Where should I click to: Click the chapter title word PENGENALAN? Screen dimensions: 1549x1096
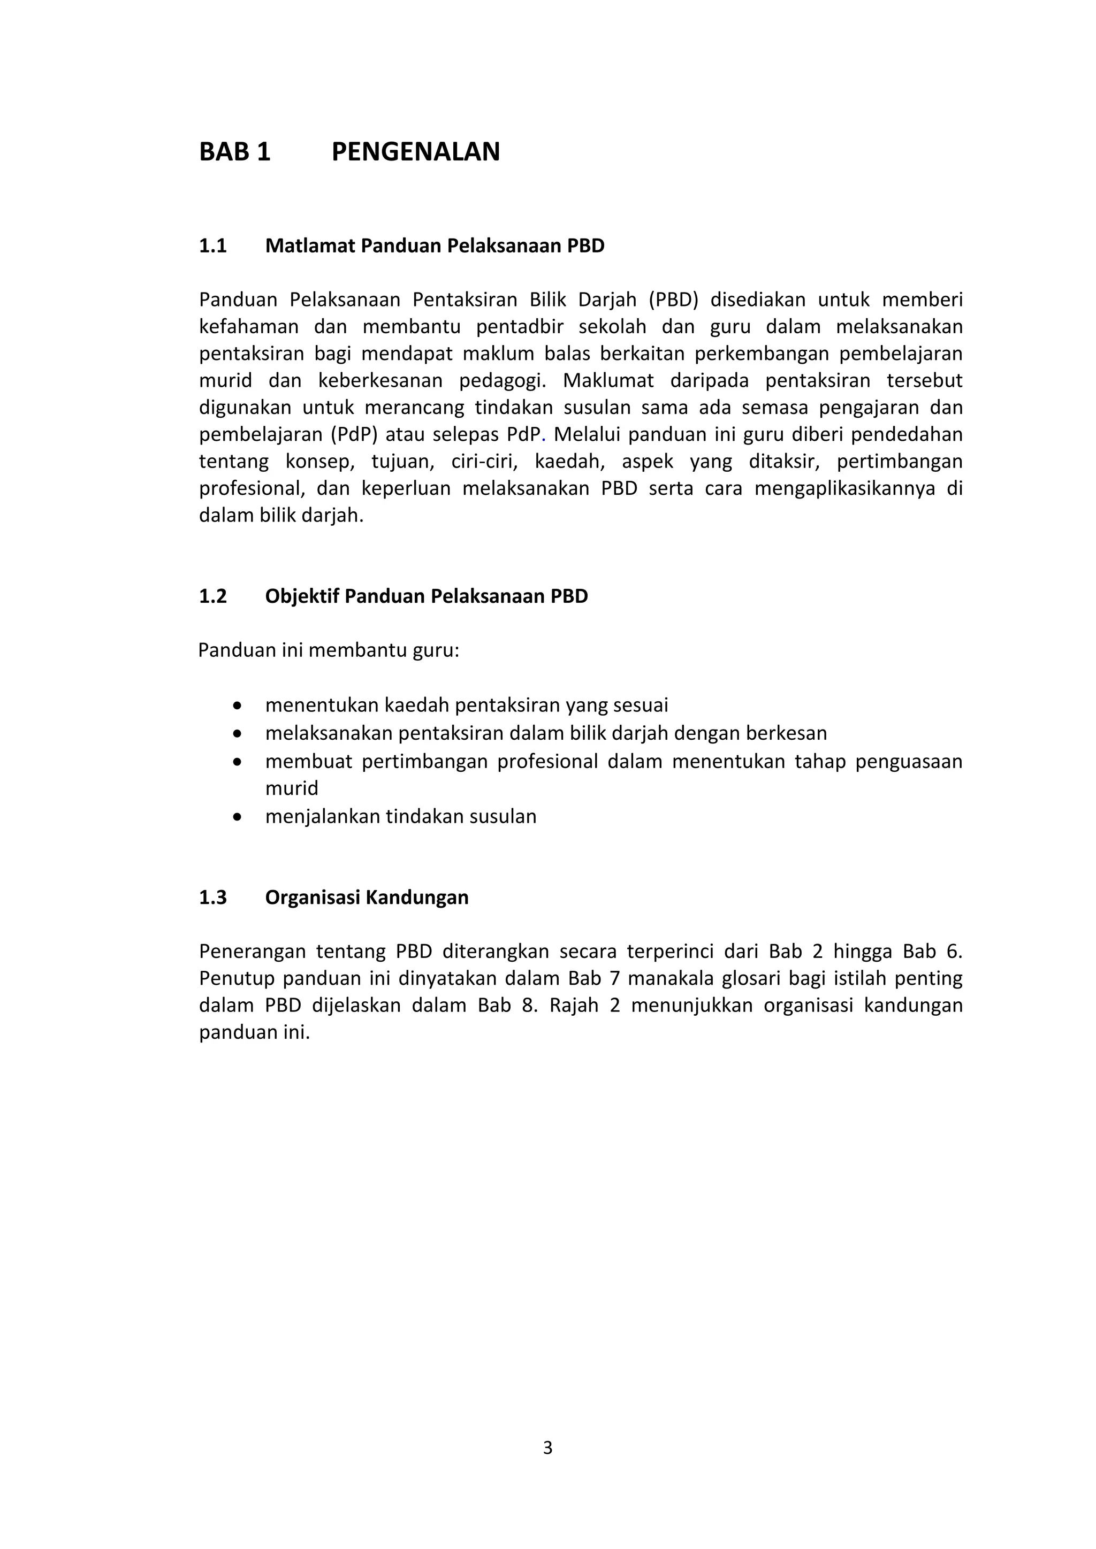coord(416,152)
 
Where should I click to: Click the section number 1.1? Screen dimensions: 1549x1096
coord(212,246)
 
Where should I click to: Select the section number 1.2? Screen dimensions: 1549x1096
coord(212,596)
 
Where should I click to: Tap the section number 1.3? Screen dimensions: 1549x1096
coord(212,898)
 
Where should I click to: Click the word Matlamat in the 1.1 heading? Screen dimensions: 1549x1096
coord(310,246)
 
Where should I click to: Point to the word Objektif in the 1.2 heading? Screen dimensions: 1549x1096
coord(302,596)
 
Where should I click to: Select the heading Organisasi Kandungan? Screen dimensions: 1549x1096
coord(367,898)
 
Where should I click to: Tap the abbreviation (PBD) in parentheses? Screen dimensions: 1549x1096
coord(673,300)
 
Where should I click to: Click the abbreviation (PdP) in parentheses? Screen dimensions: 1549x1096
coord(354,434)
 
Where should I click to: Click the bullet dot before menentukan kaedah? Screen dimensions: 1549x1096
coord(236,706)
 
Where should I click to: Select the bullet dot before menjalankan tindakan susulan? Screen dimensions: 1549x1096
coord(236,817)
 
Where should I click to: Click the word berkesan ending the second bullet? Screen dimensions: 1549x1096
coord(787,733)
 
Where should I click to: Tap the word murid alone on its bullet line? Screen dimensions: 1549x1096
coord(292,788)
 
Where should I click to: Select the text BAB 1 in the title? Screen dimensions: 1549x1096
coord(234,152)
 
